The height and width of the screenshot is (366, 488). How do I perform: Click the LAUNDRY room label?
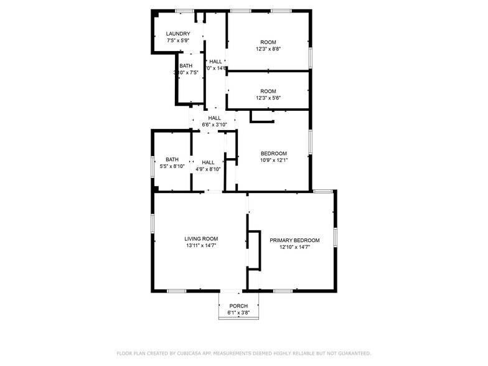(x=178, y=34)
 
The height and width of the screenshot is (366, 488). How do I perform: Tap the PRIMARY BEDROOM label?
(x=294, y=240)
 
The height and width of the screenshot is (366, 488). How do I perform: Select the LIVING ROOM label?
(x=201, y=238)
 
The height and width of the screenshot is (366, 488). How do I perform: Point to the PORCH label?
(x=238, y=306)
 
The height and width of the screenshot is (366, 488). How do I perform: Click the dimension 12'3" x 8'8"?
(x=268, y=49)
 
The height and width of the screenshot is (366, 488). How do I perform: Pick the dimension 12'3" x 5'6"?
(x=268, y=98)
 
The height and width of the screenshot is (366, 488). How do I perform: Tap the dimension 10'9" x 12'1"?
(x=274, y=160)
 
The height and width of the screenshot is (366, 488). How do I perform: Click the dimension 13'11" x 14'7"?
(x=201, y=245)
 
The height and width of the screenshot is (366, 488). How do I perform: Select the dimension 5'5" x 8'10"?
(x=172, y=166)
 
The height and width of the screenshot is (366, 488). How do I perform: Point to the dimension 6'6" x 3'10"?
(x=215, y=124)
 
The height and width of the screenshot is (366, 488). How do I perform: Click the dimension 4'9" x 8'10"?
(x=208, y=169)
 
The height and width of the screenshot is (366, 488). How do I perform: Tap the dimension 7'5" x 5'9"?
(x=178, y=40)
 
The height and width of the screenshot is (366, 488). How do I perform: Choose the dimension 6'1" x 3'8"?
(x=238, y=312)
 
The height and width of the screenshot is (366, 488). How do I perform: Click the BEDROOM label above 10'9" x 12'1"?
(x=274, y=153)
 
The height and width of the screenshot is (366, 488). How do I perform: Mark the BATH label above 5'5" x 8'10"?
(x=172, y=159)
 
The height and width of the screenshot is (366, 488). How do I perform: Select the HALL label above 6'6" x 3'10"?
(x=215, y=118)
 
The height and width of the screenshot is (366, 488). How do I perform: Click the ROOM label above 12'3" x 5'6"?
(x=268, y=91)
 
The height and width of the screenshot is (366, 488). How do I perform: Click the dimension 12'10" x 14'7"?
(x=294, y=247)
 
